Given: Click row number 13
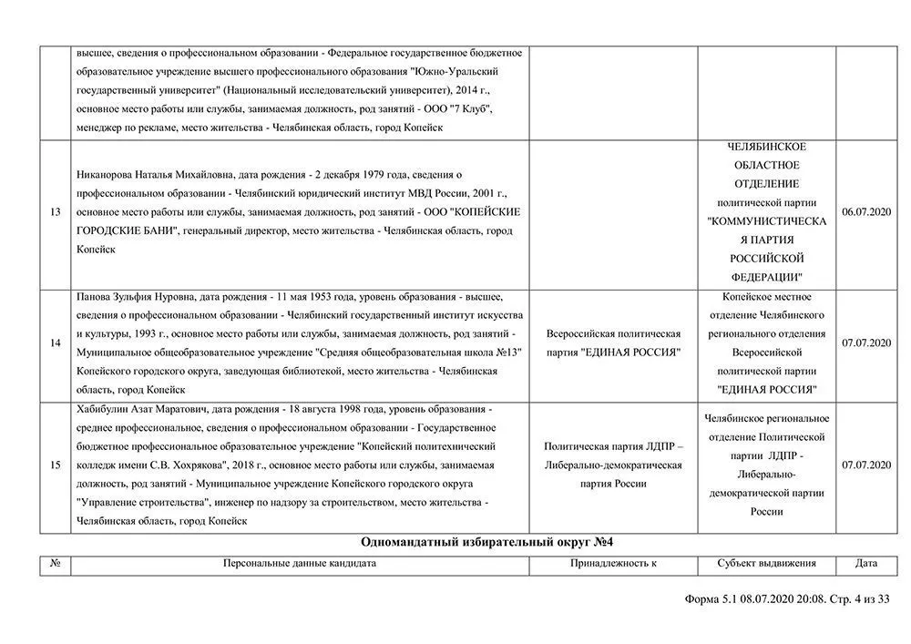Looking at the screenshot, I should click(x=56, y=212).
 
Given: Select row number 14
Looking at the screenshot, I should click(x=56, y=342).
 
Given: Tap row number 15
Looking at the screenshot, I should click(x=56, y=465).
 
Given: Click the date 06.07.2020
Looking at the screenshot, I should click(x=866, y=212).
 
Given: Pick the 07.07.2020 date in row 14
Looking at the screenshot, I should click(x=866, y=342).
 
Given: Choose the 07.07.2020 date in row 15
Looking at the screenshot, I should click(x=866, y=465).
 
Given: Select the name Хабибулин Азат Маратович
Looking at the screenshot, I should click(x=142, y=409).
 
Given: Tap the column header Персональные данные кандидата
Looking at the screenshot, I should click(x=300, y=564).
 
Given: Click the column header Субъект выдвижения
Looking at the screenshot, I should click(x=766, y=564).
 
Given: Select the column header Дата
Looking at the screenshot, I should click(x=866, y=564).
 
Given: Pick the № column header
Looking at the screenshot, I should click(x=56, y=564).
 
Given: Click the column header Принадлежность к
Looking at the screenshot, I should click(x=613, y=564).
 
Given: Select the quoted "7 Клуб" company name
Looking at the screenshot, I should click(x=470, y=109).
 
